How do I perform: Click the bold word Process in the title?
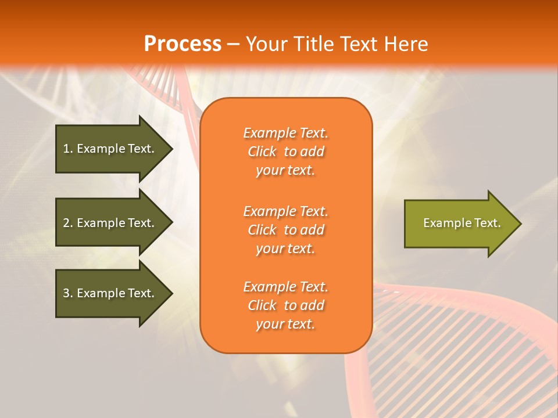click(183, 44)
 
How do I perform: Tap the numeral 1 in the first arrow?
click(66, 149)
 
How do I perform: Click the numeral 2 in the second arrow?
click(66, 223)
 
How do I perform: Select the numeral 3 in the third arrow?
click(66, 293)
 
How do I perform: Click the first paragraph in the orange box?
click(285, 152)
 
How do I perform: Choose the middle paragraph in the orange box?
click(285, 230)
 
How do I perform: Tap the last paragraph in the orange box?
click(285, 305)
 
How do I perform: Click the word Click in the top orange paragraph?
click(262, 152)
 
